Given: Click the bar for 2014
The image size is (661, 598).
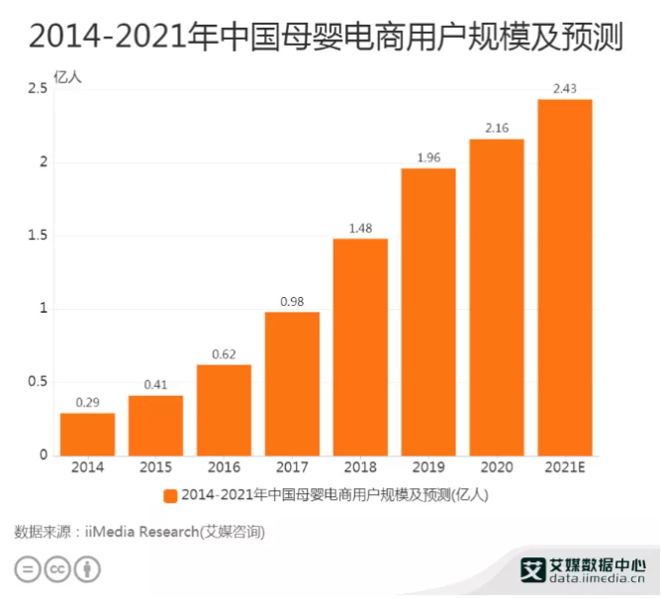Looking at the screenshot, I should [x=87, y=434].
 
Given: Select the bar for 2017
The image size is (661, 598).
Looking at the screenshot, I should [x=292, y=383].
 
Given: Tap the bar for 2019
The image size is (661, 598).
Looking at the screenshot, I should [x=428, y=311].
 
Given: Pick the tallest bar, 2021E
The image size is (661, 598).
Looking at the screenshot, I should [x=565, y=277].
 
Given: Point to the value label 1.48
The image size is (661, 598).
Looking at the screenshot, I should [x=360, y=229].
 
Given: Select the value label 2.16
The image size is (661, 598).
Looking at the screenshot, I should [x=497, y=129].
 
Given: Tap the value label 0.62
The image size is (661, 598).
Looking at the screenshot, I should [x=224, y=354].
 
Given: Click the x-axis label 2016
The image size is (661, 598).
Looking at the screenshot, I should [x=224, y=466].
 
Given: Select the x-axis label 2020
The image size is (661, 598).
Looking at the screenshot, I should [x=497, y=466].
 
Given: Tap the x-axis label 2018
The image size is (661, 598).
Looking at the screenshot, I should [x=360, y=466].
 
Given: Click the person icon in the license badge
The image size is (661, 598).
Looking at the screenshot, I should [x=90, y=571].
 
